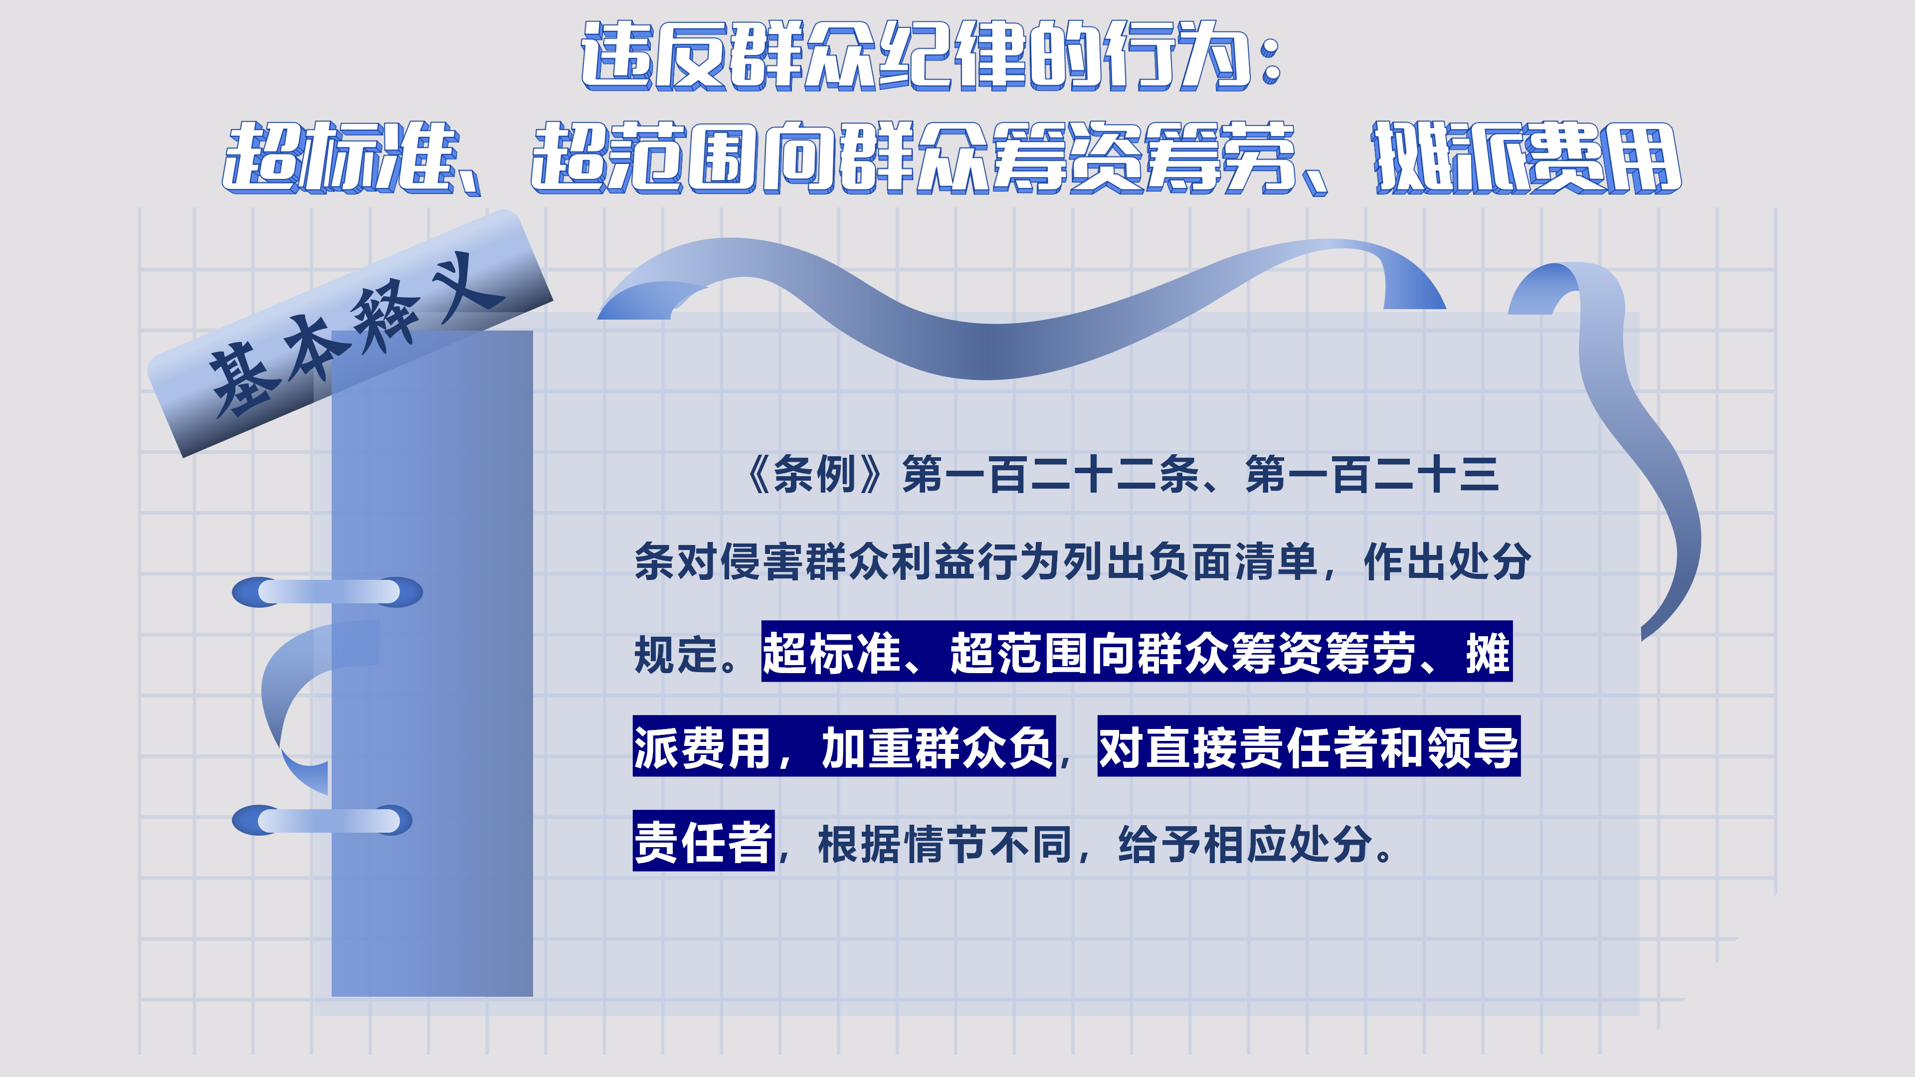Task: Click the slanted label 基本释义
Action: [x=350, y=335]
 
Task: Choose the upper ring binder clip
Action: [x=327, y=592]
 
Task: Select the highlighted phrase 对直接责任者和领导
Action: [x=1309, y=747]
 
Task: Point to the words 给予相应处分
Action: [x=1245, y=844]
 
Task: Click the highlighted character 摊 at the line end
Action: [x=1488, y=653]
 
